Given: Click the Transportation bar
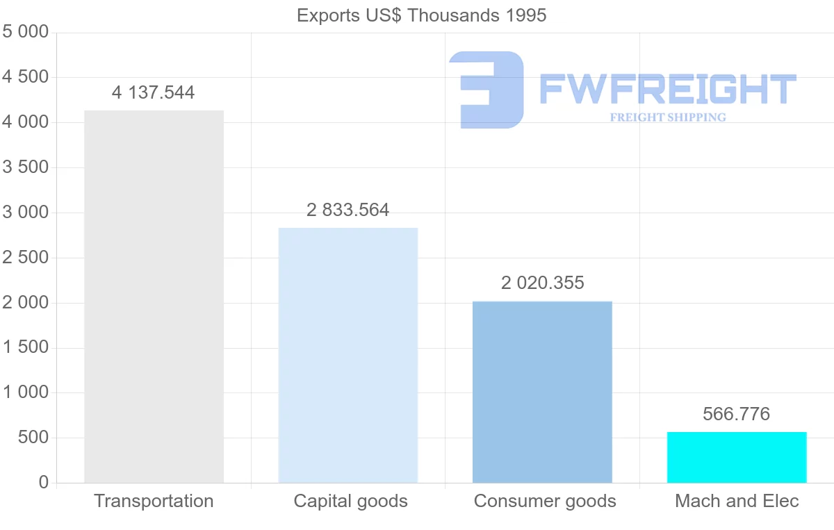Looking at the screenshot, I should pyautogui.click(x=154, y=297).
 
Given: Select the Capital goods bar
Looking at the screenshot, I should pyautogui.click(x=348, y=355).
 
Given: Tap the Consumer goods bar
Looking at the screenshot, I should pyautogui.click(x=542, y=392).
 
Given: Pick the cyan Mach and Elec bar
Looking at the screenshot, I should pyautogui.click(x=737, y=457).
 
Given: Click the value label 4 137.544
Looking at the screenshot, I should pyautogui.click(x=154, y=92).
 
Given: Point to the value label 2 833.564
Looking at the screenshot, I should pyautogui.click(x=348, y=210).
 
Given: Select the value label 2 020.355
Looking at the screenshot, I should pyautogui.click(x=542, y=283).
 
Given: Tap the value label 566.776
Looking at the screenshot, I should pyautogui.click(x=737, y=414).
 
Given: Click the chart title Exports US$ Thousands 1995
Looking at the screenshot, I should pyautogui.click(x=422, y=15).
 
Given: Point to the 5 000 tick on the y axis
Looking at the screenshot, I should pyautogui.click(x=26, y=32).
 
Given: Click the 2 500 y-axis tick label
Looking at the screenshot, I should pyautogui.click(x=26, y=258).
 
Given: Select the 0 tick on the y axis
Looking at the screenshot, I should pyautogui.click(x=44, y=483).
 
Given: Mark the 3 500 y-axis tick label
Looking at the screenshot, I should pyautogui.click(x=26, y=167).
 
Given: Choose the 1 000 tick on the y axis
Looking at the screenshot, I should pyautogui.click(x=26, y=392).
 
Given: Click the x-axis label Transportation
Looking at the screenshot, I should pyautogui.click(x=154, y=501).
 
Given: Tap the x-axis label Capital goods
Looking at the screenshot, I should pyautogui.click(x=350, y=501).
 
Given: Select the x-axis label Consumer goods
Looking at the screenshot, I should pyautogui.click(x=545, y=501).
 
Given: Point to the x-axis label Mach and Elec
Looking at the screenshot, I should pyautogui.click(x=737, y=501).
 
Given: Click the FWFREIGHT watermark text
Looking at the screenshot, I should pyautogui.click(x=667, y=89).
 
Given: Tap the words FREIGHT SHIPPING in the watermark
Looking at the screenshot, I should pyautogui.click(x=668, y=117).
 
